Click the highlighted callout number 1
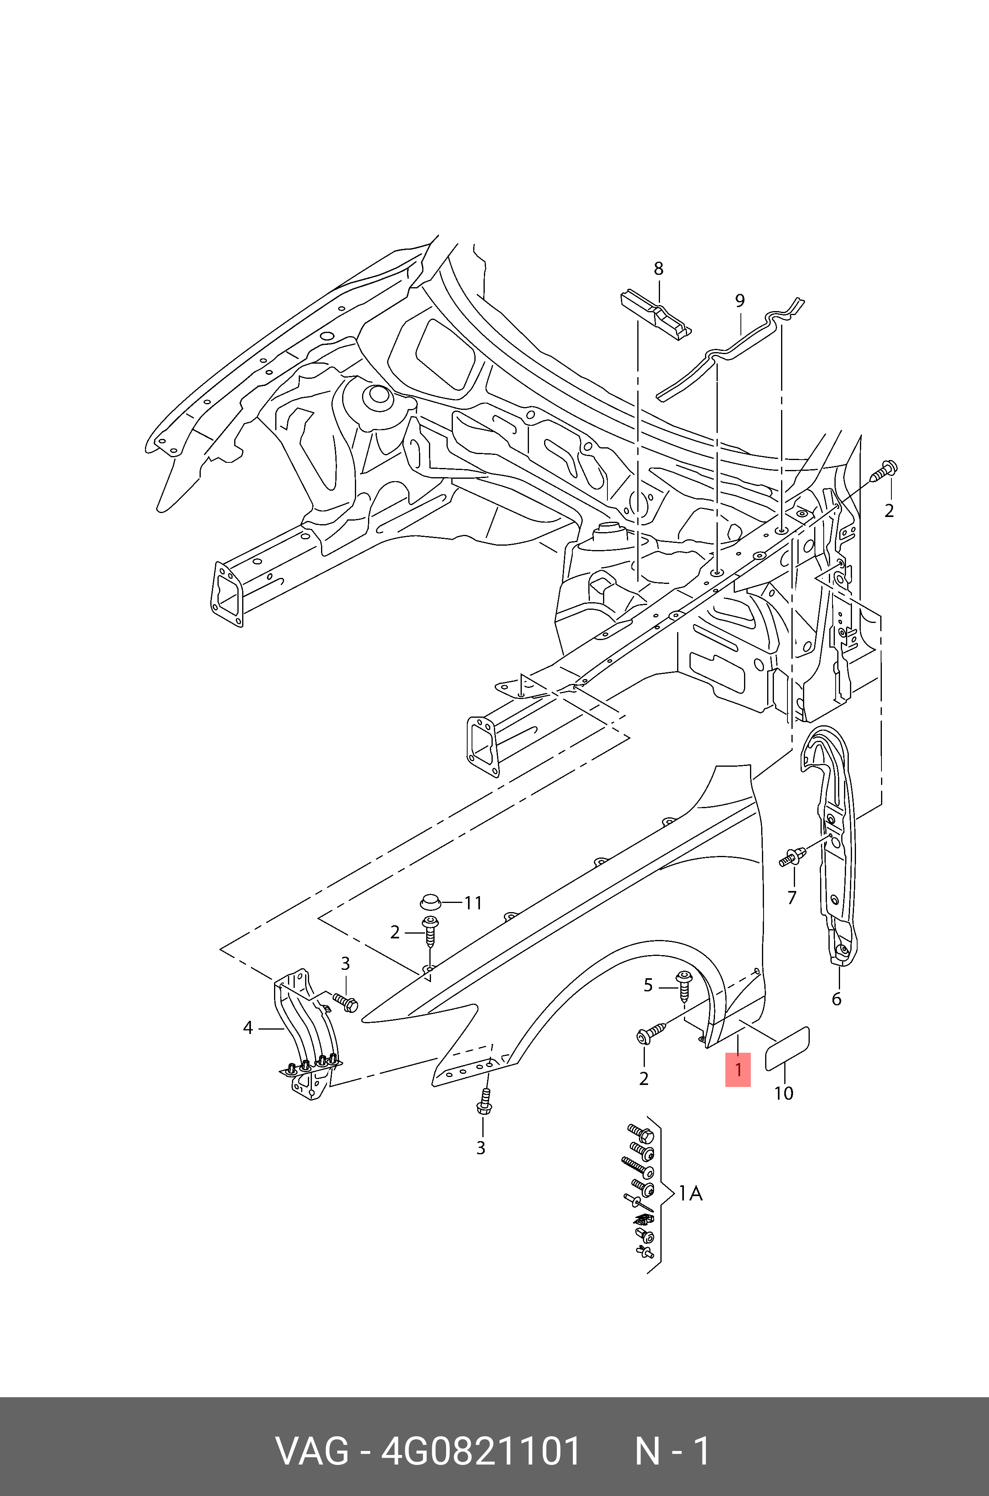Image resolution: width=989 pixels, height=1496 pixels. pyautogui.click(x=737, y=1070)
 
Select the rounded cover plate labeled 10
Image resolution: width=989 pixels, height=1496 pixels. pyautogui.click(x=787, y=1049)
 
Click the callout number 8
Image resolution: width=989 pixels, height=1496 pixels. pyautogui.click(x=658, y=269)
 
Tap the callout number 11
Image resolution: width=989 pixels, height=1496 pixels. pyautogui.click(x=473, y=903)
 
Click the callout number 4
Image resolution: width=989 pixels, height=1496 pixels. pyautogui.click(x=248, y=1028)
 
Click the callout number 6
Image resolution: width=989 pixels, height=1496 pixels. pyautogui.click(x=836, y=999)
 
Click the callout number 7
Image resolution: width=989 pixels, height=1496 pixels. pyautogui.click(x=791, y=897)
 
